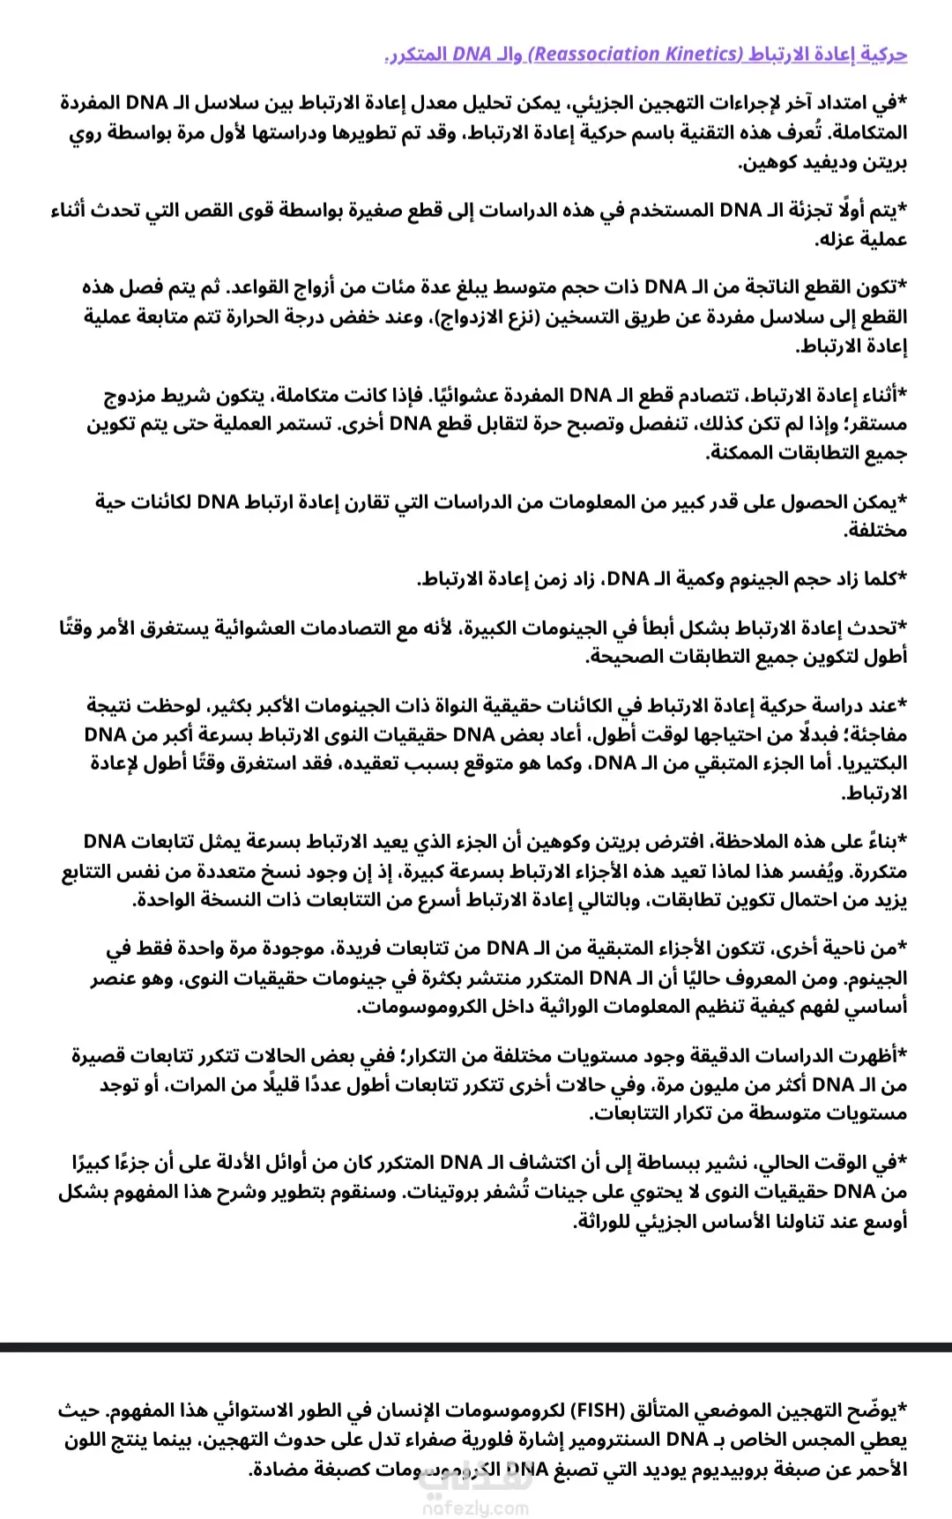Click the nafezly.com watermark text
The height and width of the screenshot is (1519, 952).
476,1508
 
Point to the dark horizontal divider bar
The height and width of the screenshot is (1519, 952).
476,1346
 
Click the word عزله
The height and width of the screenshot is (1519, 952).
844,240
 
